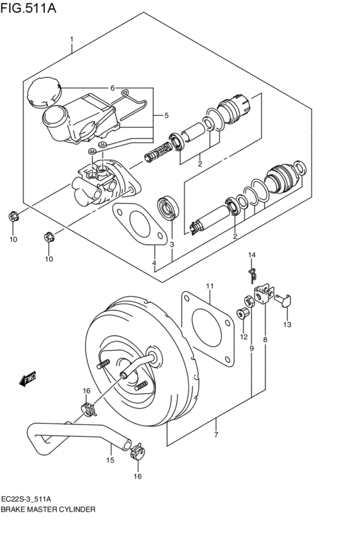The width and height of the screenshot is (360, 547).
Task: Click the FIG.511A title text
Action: coord(28,8)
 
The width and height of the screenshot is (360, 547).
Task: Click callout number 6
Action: coord(113,88)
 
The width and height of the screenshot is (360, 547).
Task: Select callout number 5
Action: coord(166,115)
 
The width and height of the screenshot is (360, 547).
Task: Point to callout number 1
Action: coord(71,39)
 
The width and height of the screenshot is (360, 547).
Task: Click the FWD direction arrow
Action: coord(28,379)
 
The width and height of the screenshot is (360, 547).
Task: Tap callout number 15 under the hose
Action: coord(110,460)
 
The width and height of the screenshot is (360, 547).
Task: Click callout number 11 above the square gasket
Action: coord(210,287)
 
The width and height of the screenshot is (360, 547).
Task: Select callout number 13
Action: coord(287,325)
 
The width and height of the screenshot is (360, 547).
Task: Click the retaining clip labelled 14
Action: coord(253,276)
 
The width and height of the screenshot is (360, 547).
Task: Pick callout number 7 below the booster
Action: coord(216,435)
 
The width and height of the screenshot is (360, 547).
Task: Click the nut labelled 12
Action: coord(242,314)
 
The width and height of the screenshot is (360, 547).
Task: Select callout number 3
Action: coord(172,244)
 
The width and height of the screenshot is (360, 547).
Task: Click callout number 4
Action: coord(154,262)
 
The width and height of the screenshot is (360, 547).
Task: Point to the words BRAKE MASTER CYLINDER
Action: coord(48,509)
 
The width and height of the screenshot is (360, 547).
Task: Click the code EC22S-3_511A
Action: coord(28,499)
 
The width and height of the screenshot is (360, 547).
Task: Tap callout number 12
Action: coord(244,337)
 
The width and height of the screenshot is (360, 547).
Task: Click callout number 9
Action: coord(251,348)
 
